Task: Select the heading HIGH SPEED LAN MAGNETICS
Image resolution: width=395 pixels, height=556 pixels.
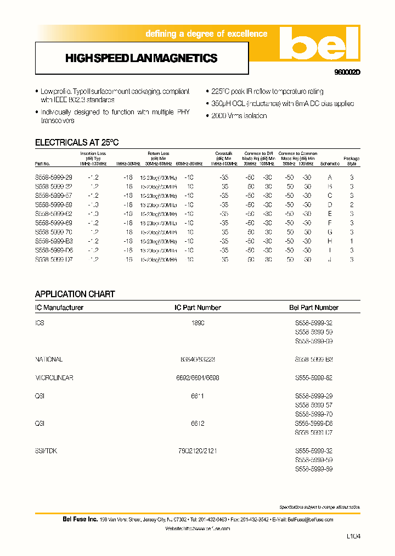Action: pyautogui.click(x=141, y=58)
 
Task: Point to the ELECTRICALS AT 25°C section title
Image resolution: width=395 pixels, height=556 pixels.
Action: pyautogui.click(x=77, y=143)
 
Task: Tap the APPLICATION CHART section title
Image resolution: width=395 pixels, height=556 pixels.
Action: pyautogui.click(x=75, y=294)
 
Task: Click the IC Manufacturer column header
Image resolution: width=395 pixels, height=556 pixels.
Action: pyautogui.click(x=59, y=308)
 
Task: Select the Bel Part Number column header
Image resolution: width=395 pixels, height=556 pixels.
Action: pyautogui.click(x=314, y=308)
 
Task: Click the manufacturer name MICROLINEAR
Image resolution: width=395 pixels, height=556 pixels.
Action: pyautogui.click(x=54, y=378)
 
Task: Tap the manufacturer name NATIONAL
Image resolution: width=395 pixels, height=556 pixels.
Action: pyautogui.click(x=49, y=359)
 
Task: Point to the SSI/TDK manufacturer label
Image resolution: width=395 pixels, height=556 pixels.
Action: pyautogui.click(x=47, y=451)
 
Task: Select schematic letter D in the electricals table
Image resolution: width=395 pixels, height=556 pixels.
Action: pyautogui.click(x=330, y=205)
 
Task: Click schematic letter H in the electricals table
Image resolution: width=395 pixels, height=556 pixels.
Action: pyautogui.click(x=330, y=241)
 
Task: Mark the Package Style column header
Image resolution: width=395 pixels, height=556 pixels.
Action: pyautogui.click(x=352, y=161)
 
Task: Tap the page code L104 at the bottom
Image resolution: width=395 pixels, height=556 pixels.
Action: pyautogui.click(x=355, y=536)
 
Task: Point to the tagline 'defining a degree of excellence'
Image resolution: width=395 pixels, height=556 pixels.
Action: pyautogui.click(x=206, y=34)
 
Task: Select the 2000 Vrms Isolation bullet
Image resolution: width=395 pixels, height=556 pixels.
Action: pyautogui.click(x=239, y=116)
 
